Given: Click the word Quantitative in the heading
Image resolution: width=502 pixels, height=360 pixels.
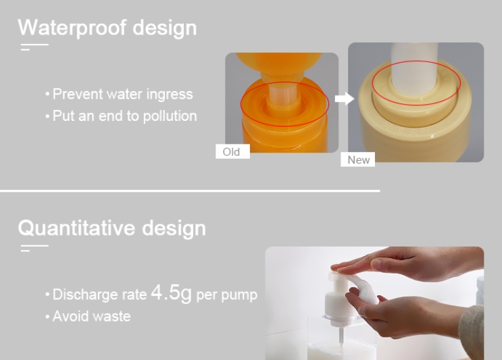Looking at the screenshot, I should coord(76,228).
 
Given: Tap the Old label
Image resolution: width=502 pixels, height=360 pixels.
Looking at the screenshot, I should coord(232,152).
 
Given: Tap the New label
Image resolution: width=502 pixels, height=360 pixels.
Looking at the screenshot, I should coord(359,159).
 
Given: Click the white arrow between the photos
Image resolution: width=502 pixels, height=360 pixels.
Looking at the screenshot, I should coord(344,99).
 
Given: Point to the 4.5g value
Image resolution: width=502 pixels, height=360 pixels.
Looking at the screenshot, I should coord(171,293).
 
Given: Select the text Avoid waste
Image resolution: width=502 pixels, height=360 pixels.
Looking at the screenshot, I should coord(91,316).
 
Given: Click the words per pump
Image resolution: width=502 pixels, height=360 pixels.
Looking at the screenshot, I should coord(226,295).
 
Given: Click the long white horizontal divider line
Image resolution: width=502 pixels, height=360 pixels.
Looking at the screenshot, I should coord(189,190).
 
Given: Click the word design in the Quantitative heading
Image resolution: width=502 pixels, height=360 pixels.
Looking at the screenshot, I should coord(173,228).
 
